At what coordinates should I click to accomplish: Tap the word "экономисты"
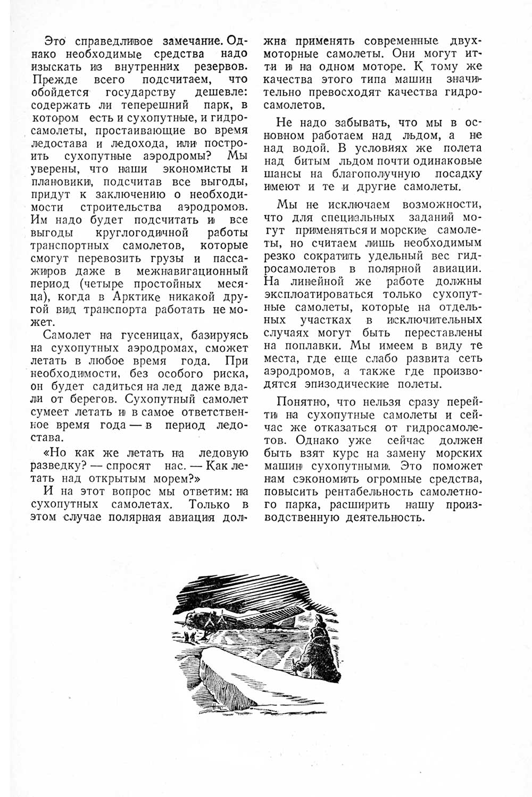(x=195, y=168)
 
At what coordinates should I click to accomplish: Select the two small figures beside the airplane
(x=189, y=635)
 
